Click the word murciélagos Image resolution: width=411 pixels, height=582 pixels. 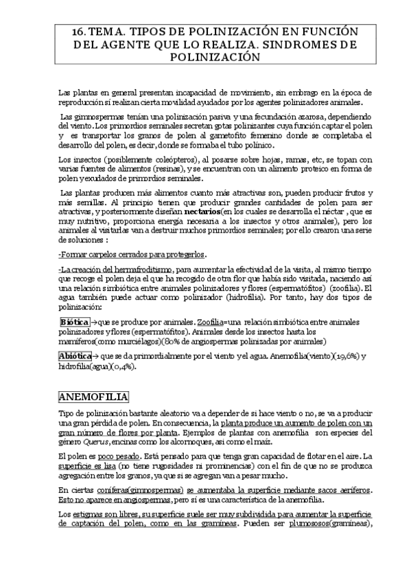click(125, 340)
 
